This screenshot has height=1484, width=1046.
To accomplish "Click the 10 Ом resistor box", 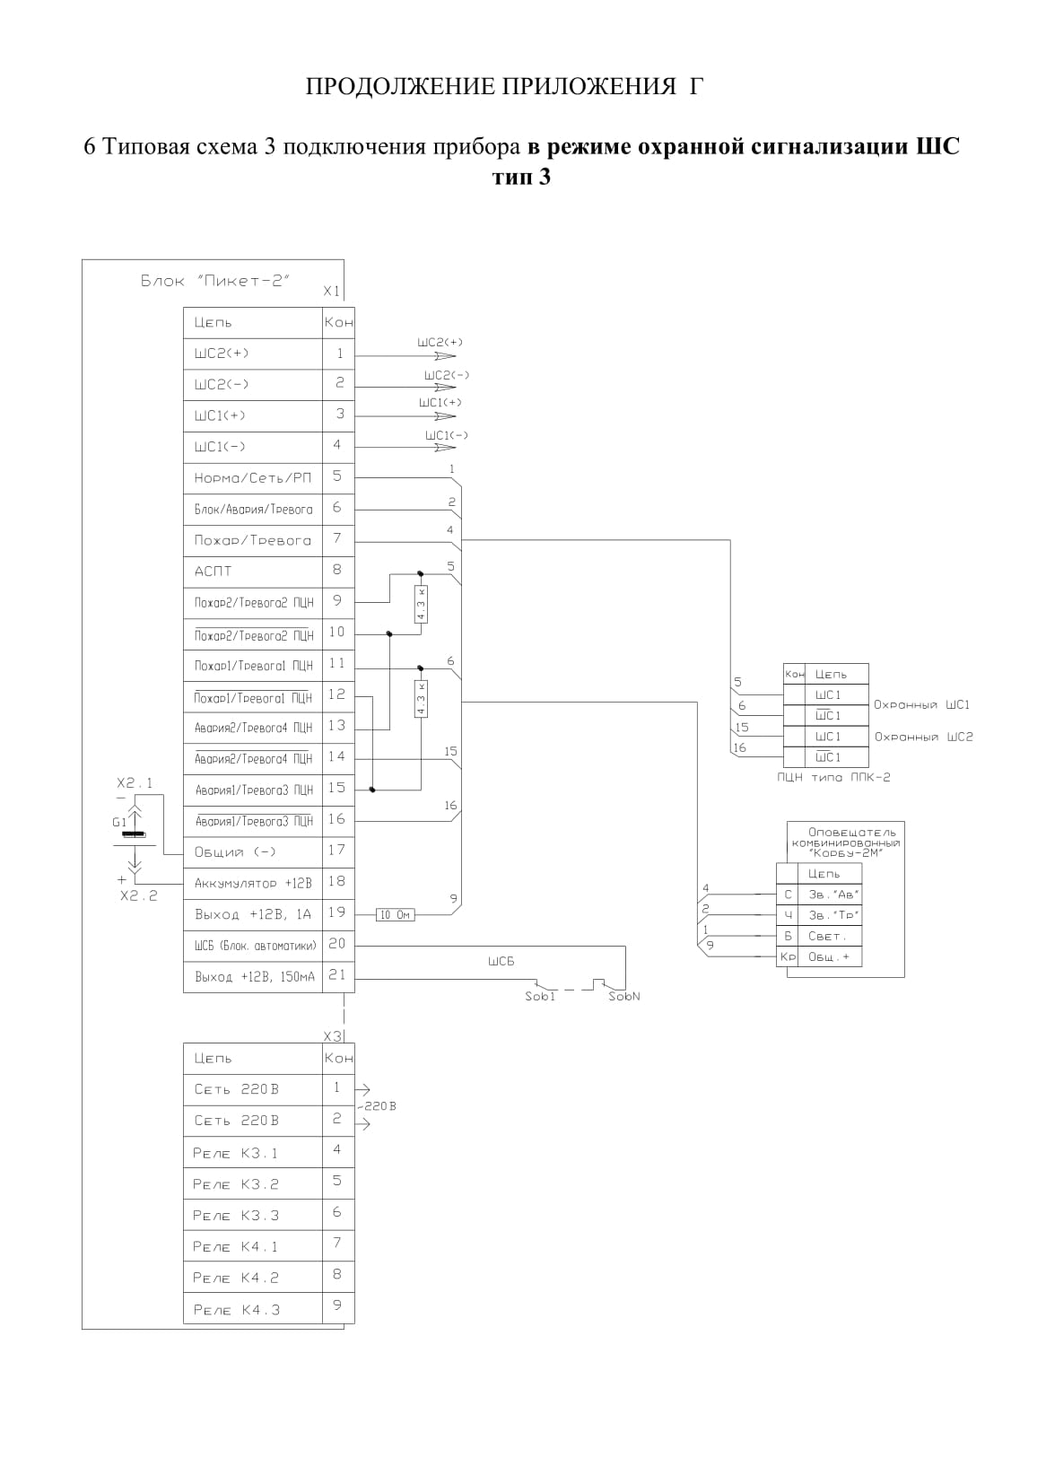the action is pos(395,915).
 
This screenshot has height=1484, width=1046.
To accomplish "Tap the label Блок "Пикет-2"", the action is pos(215,281).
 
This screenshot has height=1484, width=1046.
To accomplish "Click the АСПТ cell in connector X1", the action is pos(253,572).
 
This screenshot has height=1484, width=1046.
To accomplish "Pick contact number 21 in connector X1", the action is pos(338,974).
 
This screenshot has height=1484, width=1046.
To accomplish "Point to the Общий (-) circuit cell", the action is pos(253,852).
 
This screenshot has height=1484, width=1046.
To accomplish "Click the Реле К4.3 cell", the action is pos(253,1310).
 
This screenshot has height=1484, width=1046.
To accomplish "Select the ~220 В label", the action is pos(377,1106).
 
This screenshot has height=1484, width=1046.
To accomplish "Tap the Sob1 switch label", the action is pos(540,997).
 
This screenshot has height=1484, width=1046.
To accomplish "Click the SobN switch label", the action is pos(624,997).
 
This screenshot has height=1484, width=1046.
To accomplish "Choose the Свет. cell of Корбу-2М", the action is pos(830,936).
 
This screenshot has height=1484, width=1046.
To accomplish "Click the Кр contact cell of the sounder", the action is pos(788,956).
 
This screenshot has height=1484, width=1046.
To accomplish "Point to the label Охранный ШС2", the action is pos(923,737).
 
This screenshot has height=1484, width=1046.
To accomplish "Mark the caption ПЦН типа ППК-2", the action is pos(833,777).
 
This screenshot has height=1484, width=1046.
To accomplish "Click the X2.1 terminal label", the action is pos(135,783).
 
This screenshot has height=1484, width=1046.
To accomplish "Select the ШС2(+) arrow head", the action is pos(445,356).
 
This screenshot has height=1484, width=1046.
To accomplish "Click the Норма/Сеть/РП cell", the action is pos(253,478).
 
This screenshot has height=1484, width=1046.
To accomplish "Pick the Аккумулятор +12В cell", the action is pos(253,884).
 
